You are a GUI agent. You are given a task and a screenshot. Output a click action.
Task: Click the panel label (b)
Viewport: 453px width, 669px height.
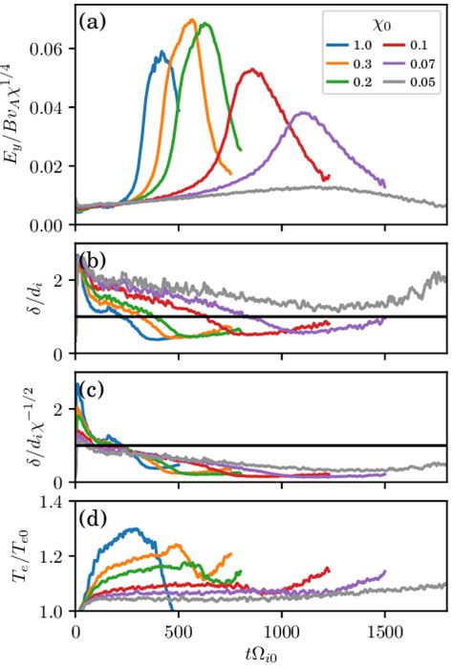(x=97, y=259)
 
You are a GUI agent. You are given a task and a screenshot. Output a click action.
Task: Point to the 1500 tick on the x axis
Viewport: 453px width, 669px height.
(x=384, y=632)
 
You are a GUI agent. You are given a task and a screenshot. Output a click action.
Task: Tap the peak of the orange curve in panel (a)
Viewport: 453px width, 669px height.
(x=192, y=20)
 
